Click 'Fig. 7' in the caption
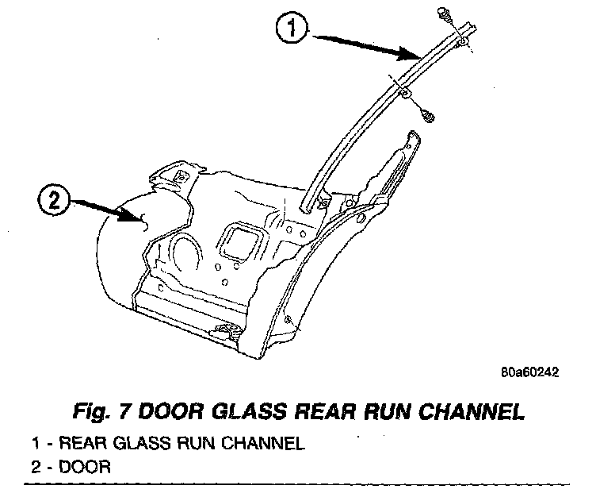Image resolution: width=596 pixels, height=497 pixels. [97, 413]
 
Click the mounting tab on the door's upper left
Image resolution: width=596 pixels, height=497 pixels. [178, 175]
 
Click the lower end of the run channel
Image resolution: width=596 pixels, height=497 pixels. [307, 205]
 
